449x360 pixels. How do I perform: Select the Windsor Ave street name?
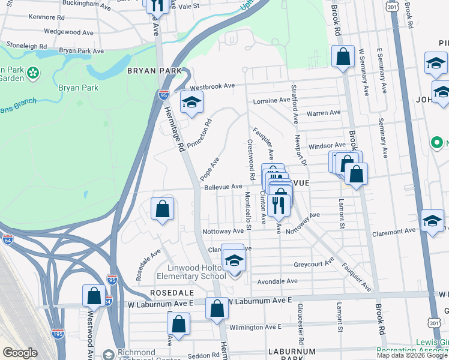click(327, 146)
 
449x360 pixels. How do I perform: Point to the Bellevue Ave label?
click(223, 187)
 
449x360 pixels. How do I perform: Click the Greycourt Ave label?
click(313, 263)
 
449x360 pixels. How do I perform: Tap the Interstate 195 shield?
click(58, 333)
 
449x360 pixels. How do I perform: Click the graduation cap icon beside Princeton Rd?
click(191, 103)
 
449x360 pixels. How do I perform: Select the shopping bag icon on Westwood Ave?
click(94, 296)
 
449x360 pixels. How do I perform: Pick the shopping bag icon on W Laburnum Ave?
click(217, 308)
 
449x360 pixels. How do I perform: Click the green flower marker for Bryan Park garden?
click(33, 73)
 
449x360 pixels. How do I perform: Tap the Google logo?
click(20, 353)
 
